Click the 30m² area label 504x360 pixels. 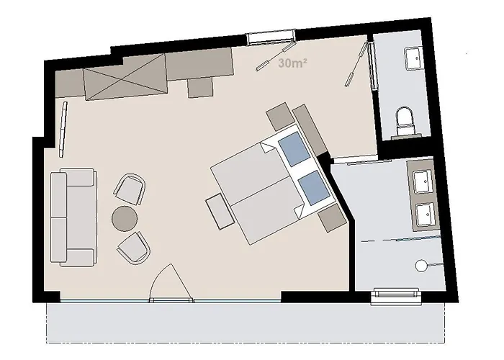[292, 63]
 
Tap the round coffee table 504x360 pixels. [125, 218]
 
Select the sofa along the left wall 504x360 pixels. [73, 217]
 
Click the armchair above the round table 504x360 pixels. [130, 189]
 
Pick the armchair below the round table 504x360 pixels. [134, 248]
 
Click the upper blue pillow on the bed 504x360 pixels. [294, 149]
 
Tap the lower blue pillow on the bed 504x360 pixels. [314, 188]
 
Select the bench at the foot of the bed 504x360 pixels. [220, 212]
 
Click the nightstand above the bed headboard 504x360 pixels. [281, 116]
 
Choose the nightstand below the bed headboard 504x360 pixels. [332, 217]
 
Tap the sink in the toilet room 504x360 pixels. [413, 58]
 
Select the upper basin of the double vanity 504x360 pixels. [423, 182]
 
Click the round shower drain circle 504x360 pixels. [420, 266]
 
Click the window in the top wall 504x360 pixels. [271, 36]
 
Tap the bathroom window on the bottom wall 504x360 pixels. [396, 297]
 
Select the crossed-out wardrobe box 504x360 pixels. [126, 77]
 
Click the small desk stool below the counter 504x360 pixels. [200, 87]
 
